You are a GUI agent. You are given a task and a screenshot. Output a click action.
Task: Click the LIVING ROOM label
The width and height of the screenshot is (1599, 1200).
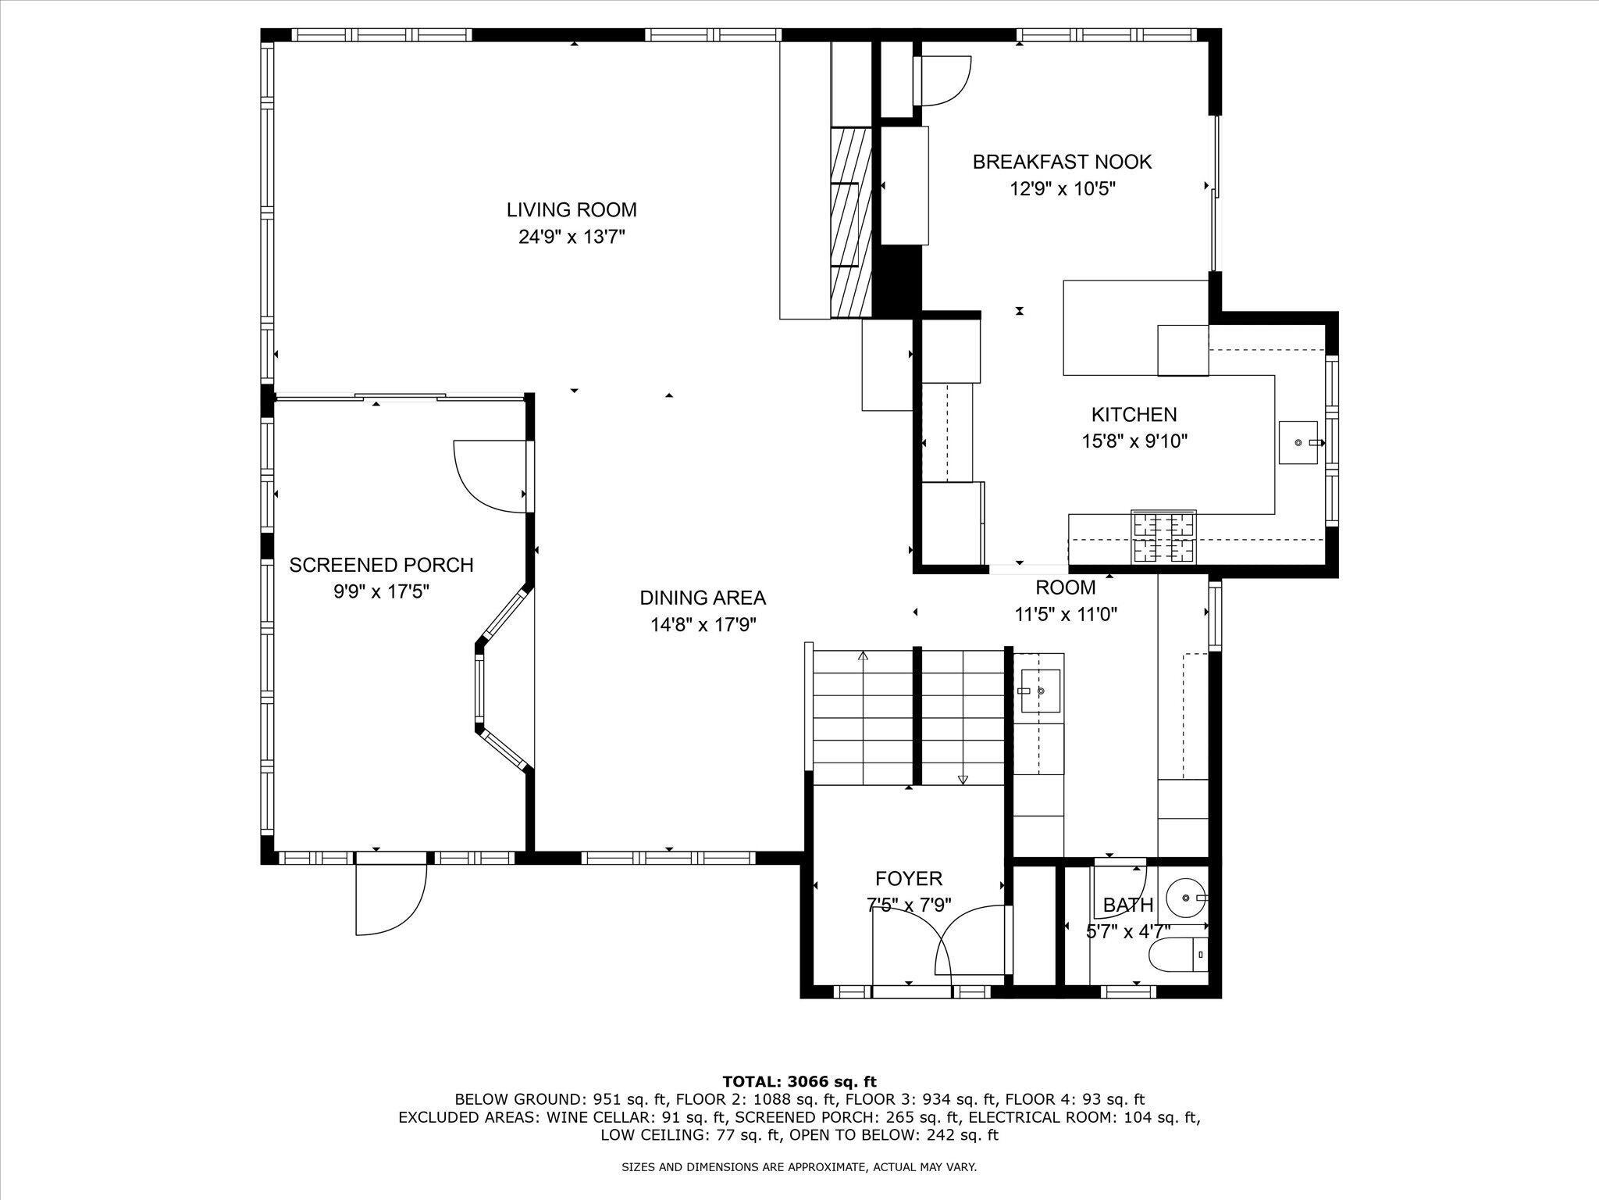coord(572,210)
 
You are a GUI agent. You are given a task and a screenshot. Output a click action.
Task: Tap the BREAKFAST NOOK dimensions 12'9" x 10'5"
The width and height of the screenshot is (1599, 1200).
coord(1063,189)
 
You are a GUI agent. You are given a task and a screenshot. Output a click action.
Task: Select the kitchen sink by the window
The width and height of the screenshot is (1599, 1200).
coord(1300,443)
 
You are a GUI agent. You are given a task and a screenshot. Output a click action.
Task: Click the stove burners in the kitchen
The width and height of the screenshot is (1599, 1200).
coord(1164,537)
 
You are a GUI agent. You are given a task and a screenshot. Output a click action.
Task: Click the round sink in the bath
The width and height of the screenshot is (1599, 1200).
coord(1186,898)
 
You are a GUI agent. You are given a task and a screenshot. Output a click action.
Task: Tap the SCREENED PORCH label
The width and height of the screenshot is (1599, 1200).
coord(381,565)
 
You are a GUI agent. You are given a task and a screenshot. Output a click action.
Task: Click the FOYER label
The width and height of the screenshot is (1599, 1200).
coord(909,879)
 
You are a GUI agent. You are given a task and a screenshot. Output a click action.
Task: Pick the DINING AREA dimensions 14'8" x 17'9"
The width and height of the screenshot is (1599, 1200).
coord(703,625)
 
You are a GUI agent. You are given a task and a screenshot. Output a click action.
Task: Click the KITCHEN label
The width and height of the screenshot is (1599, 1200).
coord(1134,415)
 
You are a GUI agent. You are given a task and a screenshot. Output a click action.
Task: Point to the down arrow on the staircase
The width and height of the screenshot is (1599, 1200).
coord(963,778)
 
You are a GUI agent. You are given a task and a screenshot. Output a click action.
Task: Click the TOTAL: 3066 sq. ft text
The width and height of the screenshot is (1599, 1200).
coord(799,1082)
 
